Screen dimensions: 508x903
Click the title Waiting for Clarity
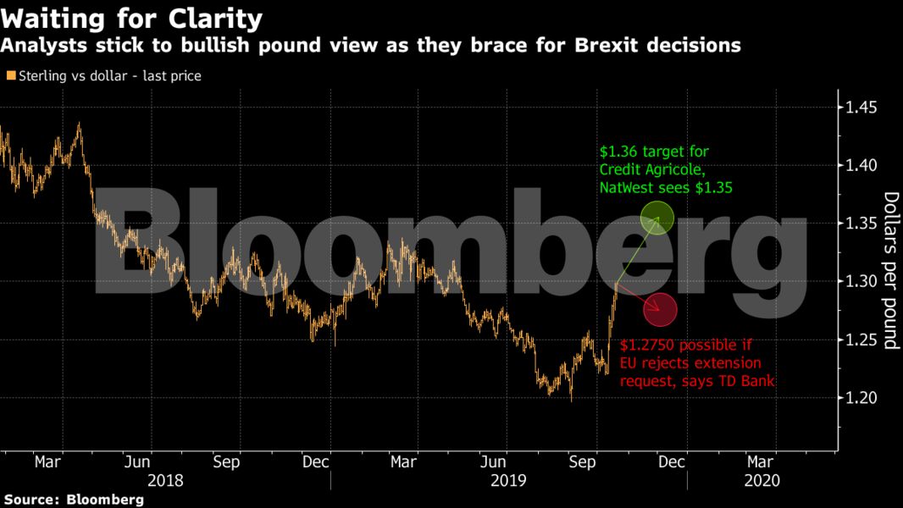tap(131, 19)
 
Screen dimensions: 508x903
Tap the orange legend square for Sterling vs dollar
tap(10, 76)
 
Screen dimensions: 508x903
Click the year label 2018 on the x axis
tap(166, 480)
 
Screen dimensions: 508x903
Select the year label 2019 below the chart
tap(509, 480)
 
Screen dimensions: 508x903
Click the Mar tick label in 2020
tap(760, 462)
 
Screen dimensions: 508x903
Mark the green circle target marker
tap(657, 218)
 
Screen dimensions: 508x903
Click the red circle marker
tap(660, 310)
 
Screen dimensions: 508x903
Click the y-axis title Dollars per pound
tap(890, 271)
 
